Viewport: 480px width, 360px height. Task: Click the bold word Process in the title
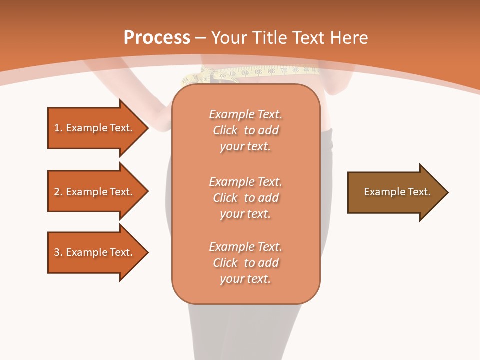click(x=157, y=38)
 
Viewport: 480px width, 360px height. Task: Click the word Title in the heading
click(x=268, y=38)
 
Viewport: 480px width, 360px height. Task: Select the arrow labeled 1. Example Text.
click(x=95, y=128)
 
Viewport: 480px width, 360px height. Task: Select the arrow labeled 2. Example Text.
click(x=95, y=192)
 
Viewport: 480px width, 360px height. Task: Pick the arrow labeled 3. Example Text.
click(x=95, y=252)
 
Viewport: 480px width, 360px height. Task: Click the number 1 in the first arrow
click(x=57, y=128)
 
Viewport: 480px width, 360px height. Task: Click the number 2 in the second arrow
click(x=57, y=192)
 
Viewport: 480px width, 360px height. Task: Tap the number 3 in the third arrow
click(x=57, y=252)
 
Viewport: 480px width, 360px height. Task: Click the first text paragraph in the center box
click(x=245, y=130)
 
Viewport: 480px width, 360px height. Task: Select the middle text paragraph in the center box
click(x=245, y=198)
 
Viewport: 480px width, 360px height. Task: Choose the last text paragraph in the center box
click(x=245, y=263)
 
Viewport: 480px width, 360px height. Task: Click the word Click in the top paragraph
click(x=225, y=130)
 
